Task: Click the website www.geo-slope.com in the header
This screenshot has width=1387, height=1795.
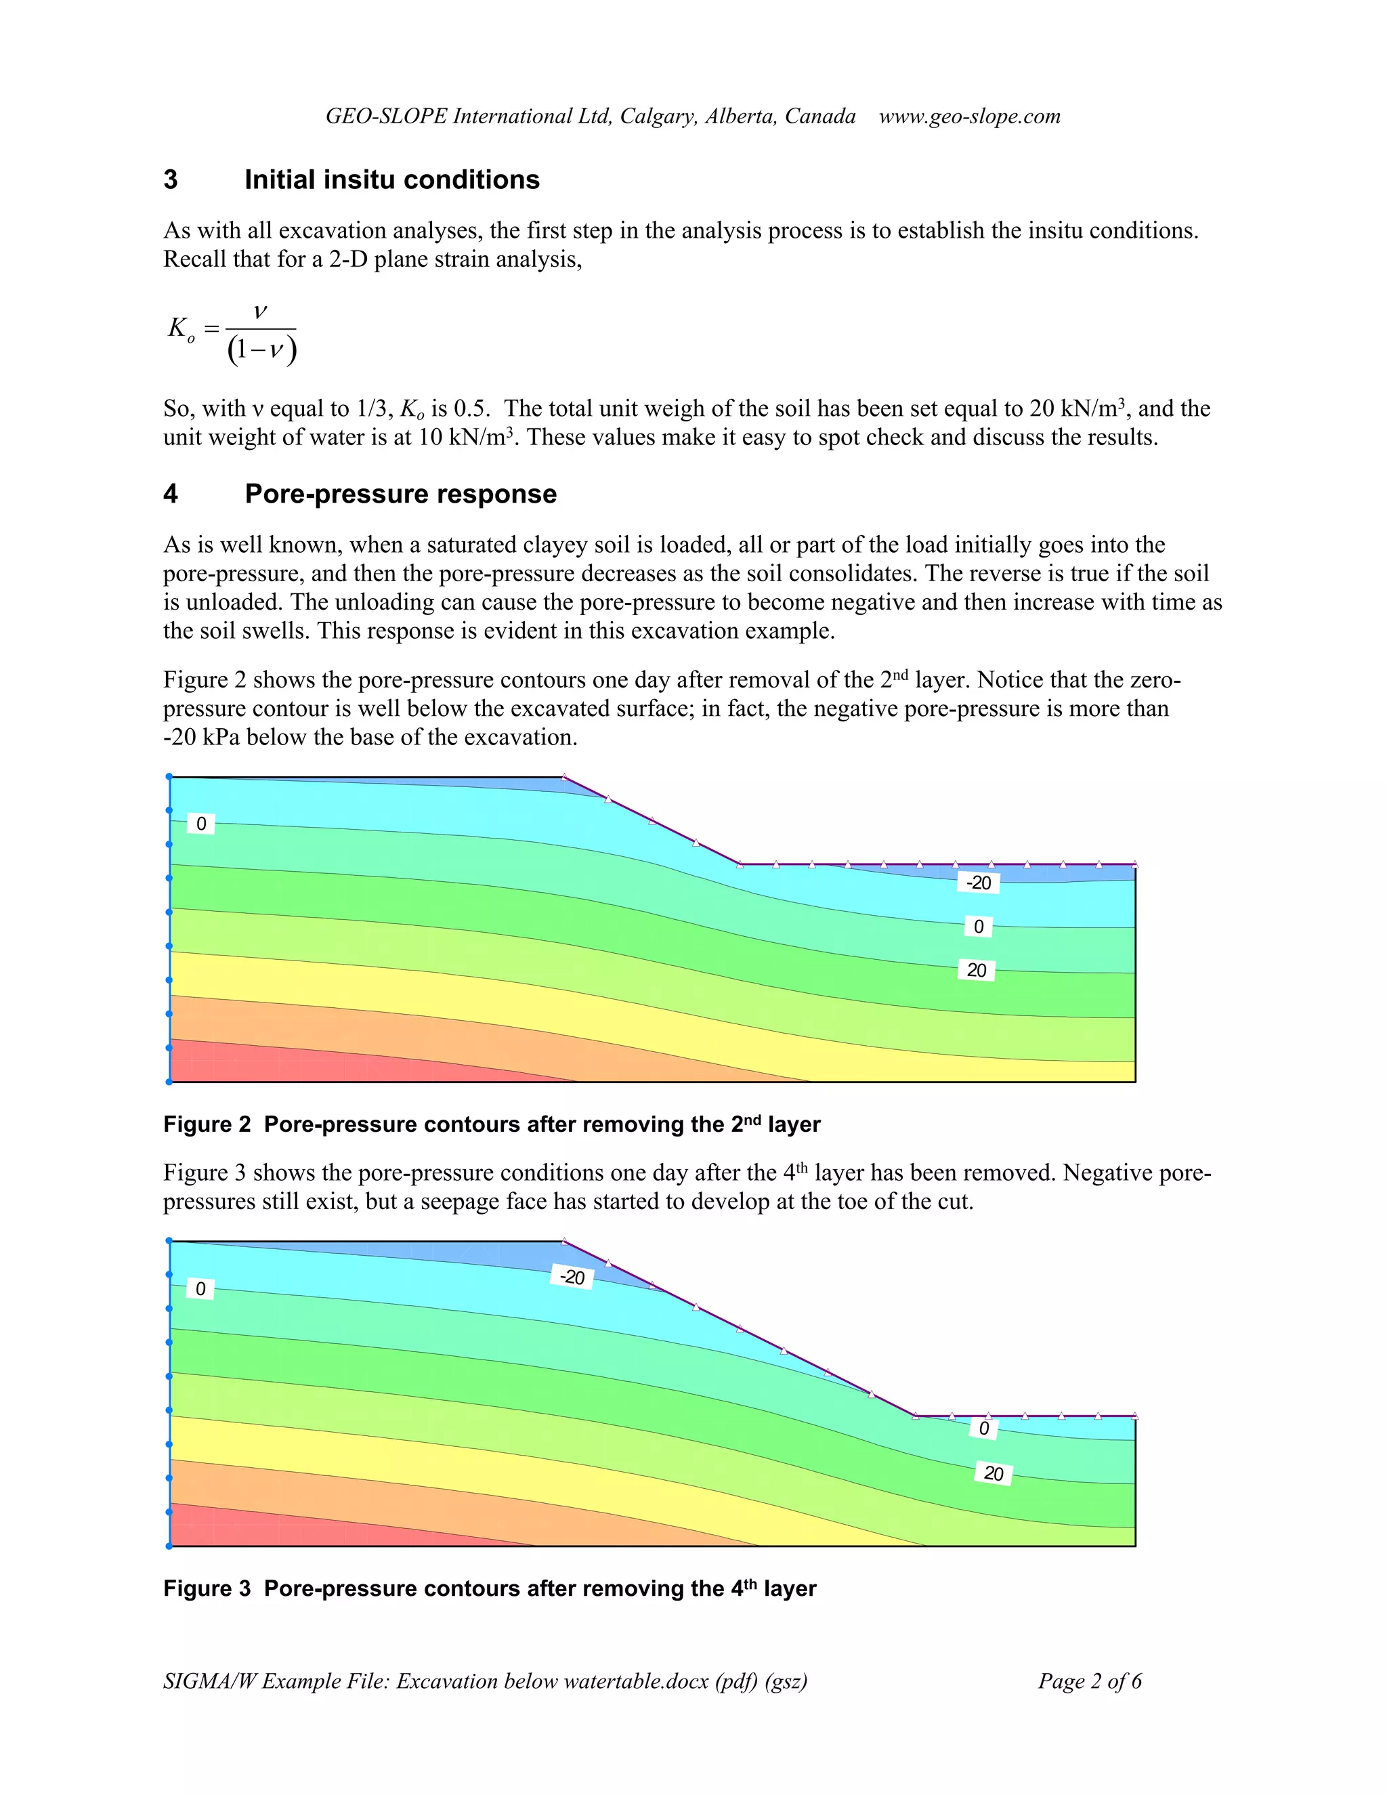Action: pos(970,116)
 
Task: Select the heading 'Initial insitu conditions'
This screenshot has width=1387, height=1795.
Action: pos(392,180)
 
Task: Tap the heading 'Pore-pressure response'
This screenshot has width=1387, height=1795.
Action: pos(400,494)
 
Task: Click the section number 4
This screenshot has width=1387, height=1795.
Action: pos(171,494)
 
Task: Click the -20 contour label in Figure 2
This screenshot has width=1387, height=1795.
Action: pos(978,883)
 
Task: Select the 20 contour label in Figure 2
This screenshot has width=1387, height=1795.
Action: pos(976,970)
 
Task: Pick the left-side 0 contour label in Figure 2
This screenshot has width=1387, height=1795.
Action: pos(201,824)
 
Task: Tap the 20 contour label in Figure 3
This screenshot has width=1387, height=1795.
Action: pos(994,1474)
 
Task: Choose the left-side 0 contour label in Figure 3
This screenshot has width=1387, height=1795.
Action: pos(200,1289)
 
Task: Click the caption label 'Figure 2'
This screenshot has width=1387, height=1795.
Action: pos(207,1124)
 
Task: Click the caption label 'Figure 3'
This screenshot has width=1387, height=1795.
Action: pos(207,1588)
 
